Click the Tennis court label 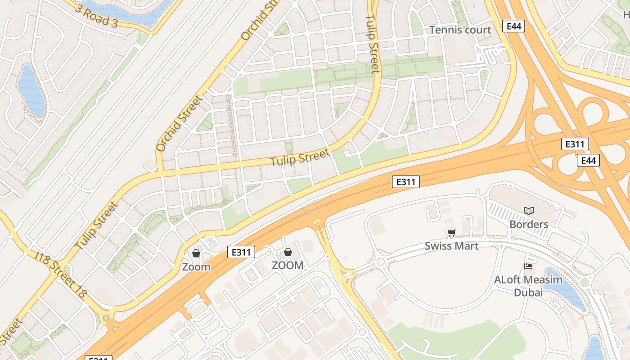point(460,30)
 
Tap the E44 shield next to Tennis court point(513,26)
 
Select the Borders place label point(529,224)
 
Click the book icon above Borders point(529,211)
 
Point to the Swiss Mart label point(451,246)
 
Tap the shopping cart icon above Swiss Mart point(451,233)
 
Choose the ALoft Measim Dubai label point(528,286)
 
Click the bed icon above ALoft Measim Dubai point(528,266)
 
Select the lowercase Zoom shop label point(196,267)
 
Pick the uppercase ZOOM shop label point(288,265)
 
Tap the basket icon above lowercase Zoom point(196,253)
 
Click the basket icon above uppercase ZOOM point(288,252)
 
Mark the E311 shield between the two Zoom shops point(241,252)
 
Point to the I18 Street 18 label point(61,274)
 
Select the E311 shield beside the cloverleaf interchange point(575,144)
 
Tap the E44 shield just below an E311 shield point(588,160)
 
